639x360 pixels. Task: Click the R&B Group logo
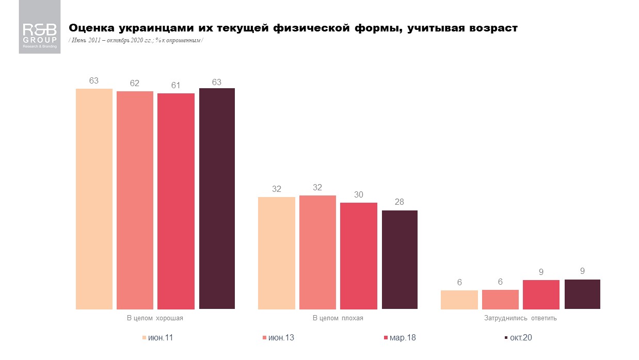40,27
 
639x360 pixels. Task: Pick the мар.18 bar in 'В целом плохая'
359,256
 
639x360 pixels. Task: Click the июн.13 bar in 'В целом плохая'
317,252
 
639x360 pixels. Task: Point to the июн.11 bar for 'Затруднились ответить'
459,300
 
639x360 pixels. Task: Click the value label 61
175,85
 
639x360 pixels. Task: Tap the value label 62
135,83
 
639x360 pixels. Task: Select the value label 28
400,202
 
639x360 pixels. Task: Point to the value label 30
359,194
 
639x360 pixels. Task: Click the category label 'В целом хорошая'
155,318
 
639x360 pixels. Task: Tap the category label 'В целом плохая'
338,318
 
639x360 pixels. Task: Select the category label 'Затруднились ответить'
520,318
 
